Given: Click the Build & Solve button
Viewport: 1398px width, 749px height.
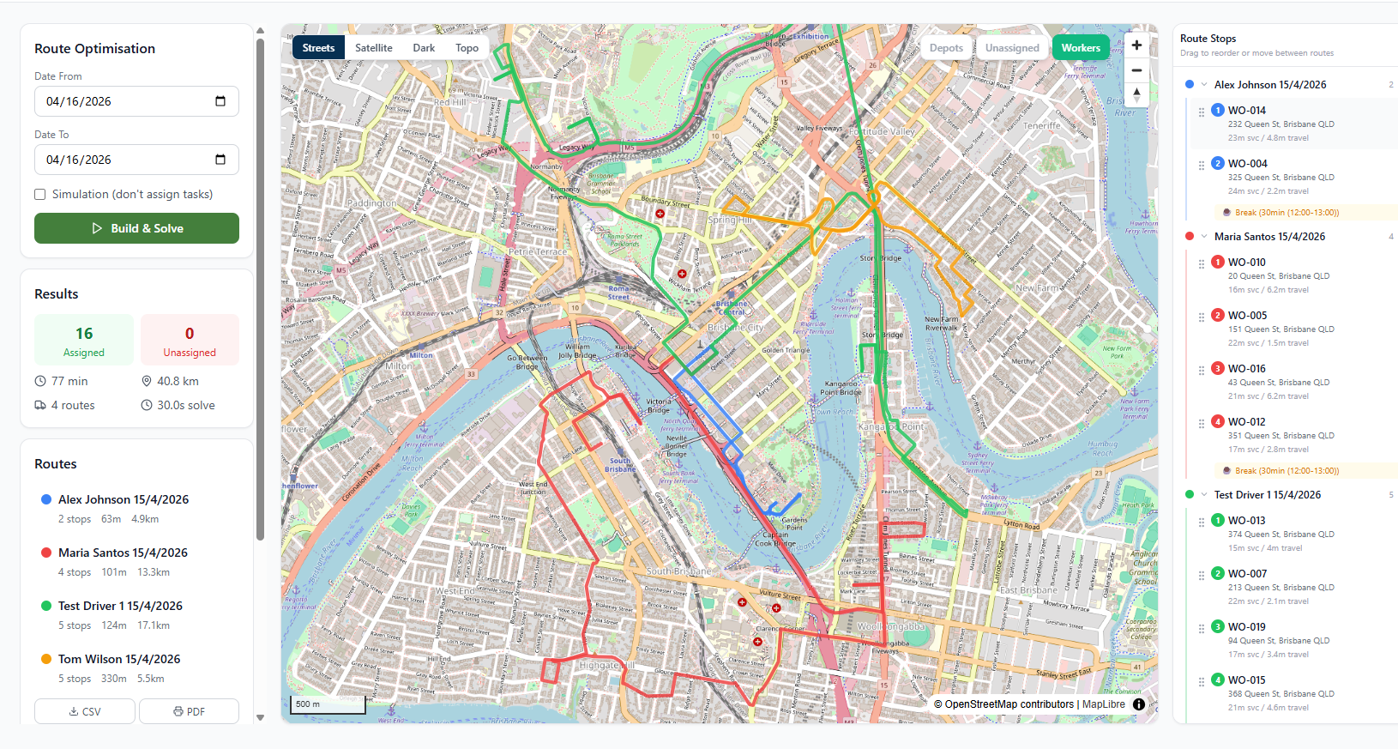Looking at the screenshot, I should (x=136, y=228).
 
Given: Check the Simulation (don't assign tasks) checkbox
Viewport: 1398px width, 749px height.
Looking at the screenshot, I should (x=40, y=195).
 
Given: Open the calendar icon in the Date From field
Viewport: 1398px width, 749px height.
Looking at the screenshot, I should (x=220, y=101).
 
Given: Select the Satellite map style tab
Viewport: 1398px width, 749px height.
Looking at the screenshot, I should (x=373, y=48).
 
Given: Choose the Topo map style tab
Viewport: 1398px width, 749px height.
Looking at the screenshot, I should (x=467, y=48).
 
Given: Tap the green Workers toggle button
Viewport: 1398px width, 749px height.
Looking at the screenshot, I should (x=1080, y=48).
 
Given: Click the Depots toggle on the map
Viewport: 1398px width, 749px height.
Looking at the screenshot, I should (x=946, y=48).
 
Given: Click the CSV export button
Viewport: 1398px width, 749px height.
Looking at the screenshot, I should (x=85, y=711).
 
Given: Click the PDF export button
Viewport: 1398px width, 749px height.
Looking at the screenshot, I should (x=189, y=711).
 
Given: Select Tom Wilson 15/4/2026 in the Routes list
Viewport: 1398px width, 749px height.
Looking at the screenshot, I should (x=119, y=659).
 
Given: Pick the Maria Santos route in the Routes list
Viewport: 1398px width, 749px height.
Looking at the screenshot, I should (x=123, y=553).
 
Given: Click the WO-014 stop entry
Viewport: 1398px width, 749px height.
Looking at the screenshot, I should (x=1246, y=111).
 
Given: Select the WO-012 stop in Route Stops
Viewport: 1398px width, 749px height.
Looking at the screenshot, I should (x=1246, y=422).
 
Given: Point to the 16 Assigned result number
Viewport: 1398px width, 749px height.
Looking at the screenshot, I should (x=84, y=334).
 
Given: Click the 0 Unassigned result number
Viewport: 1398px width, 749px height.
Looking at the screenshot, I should (x=190, y=334).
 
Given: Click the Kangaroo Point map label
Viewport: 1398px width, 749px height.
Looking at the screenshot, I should (x=890, y=426).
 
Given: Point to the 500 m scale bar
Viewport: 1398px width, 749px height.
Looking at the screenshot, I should (x=327, y=704).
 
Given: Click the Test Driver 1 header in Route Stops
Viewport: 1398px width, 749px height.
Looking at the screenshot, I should (x=1267, y=495).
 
